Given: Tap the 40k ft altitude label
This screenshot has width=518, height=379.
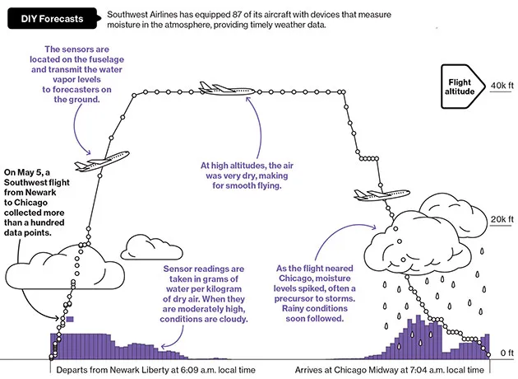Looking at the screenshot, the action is pos(502,86).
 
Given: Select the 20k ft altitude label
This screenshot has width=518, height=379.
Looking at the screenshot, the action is pos(502,219).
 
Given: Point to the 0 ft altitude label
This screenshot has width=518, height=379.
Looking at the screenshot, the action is pos(506,353).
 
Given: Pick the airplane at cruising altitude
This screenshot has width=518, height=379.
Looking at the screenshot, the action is pos(227,89).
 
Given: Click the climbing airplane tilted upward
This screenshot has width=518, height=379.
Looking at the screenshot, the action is pos(102,161).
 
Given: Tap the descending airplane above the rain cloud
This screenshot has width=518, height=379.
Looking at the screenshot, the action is pos(382,194).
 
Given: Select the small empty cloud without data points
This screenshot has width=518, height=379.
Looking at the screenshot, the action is pos(151,247).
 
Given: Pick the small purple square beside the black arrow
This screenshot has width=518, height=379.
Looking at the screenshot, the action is pos(70,320).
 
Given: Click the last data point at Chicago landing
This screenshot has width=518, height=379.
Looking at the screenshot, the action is pos(488,355).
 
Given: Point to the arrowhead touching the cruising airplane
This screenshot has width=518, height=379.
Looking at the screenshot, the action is pos(247,98).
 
